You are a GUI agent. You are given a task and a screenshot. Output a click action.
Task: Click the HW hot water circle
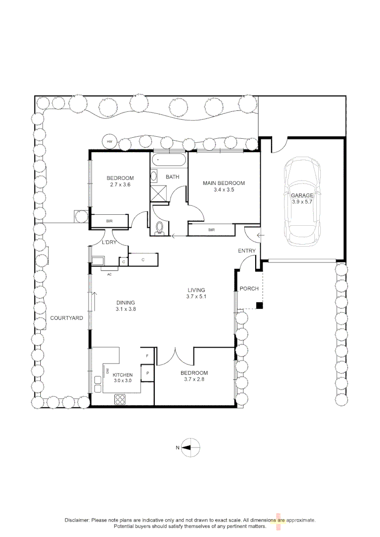109,141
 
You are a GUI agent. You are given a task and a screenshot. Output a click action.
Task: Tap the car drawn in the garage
302,201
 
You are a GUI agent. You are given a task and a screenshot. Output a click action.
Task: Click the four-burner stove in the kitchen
121,399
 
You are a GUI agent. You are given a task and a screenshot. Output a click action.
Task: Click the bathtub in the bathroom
169,161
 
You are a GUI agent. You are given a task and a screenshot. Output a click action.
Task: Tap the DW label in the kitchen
106,371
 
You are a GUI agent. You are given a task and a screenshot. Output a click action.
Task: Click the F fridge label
147,356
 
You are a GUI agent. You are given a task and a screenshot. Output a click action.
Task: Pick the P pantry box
148,373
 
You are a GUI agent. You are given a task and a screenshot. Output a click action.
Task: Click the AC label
109,273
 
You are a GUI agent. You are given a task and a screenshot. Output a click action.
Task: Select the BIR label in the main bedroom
211,230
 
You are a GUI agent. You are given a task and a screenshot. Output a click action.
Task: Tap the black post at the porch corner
259,306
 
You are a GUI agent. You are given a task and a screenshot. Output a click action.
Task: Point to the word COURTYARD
66,318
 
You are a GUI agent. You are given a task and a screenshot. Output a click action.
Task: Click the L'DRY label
109,243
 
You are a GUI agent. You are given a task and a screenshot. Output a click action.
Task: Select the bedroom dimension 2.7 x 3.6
120,185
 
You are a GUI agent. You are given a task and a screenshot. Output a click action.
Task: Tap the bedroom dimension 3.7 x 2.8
193,379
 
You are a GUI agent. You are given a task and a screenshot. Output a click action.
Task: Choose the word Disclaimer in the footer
77,520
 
